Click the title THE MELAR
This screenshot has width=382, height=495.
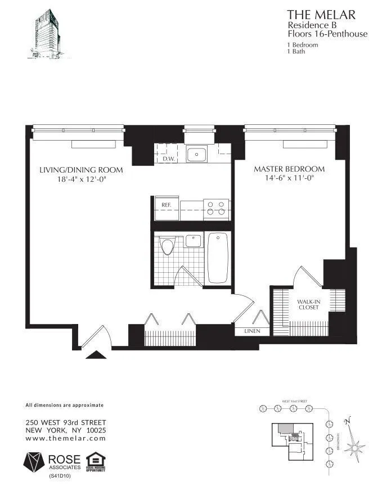[x=322, y=15]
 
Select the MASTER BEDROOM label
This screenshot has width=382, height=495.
[x=289, y=169]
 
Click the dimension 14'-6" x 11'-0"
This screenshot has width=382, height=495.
[x=289, y=178]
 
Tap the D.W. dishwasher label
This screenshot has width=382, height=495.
[x=168, y=159]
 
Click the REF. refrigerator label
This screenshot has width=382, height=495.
[x=166, y=205]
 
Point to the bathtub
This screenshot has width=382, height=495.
[x=217, y=258]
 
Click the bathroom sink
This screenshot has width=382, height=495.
[x=194, y=241]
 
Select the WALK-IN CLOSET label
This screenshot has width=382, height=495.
[x=308, y=304]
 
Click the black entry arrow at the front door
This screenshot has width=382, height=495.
[x=95, y=354]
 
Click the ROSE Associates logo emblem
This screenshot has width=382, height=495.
[x=35, y=461]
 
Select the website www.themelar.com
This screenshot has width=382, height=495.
[x=66, y=438]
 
